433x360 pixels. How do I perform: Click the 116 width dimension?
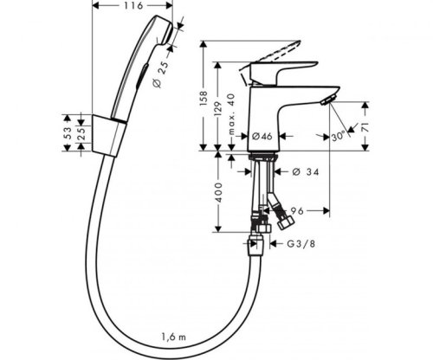click(x=132, y=7)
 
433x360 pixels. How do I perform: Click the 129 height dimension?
click(x=220, y=106)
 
